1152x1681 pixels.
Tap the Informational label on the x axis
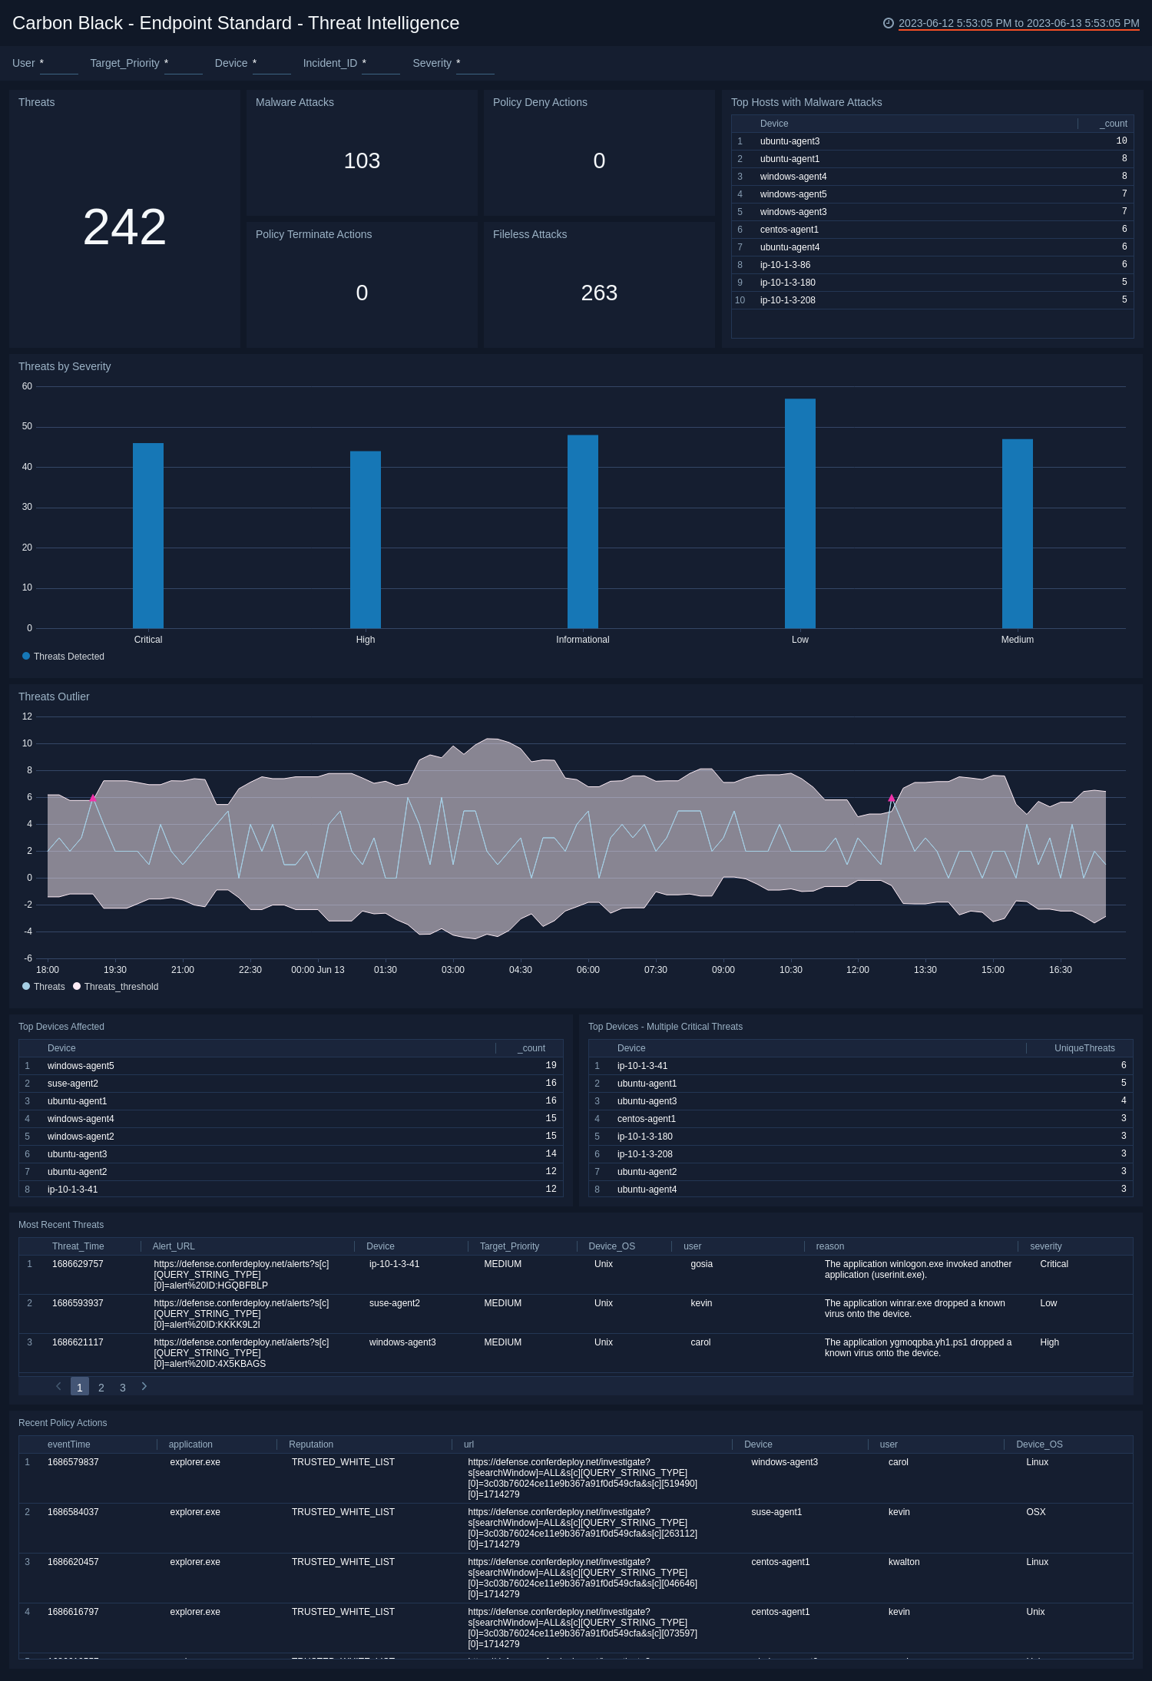582,640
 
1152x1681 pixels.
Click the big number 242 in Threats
124,227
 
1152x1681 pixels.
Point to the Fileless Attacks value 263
599,293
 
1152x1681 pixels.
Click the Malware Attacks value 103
362,161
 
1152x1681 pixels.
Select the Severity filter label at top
432,63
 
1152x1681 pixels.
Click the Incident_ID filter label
329,63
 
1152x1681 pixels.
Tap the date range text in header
1018,23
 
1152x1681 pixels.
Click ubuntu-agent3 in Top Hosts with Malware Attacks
790,141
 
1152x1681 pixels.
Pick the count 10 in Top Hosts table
1121,141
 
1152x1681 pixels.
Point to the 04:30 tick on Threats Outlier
520,970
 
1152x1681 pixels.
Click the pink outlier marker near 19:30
93,798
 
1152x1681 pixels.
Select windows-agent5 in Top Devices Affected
81,1066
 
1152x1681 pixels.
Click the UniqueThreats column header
1084,1048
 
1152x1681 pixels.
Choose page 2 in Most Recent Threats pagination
101,1388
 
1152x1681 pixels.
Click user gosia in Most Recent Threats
701,1264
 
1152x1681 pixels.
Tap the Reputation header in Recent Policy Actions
311,1444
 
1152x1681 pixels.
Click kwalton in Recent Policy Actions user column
903,1562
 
